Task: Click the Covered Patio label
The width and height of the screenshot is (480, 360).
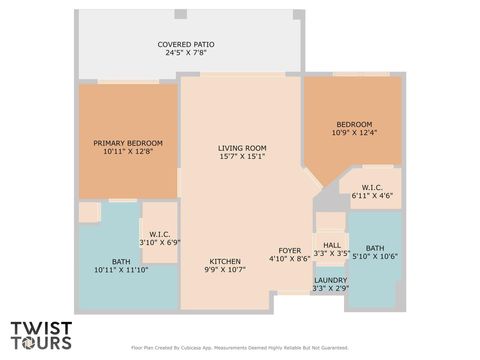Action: click(x=186, y=44)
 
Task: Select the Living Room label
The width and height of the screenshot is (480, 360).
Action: click(x=242, y=148)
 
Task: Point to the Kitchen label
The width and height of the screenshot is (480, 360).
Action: click(x=226, y=260)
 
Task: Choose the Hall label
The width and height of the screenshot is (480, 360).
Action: click(x=331, y=245)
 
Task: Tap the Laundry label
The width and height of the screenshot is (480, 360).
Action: click(x=330, y=280)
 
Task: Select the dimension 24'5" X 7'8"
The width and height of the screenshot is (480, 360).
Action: click(x=186, y=53)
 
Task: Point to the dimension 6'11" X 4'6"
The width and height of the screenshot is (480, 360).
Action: click(x=371, y=196)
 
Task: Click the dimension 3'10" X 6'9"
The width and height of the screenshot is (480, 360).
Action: click(x=158, y=242)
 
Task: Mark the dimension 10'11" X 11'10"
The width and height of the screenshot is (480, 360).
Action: click(x=120, y=270)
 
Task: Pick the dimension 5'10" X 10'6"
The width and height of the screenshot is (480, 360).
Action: click(x=374, y=256)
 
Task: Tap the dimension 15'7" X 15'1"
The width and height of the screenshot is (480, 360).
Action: click(x=242, y=157)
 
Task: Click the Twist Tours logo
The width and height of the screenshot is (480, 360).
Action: click(x=41, y=334)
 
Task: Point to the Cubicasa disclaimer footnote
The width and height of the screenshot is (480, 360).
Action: click(x=240, y=348)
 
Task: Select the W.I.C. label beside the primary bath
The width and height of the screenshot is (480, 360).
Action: click(x=158, y=233)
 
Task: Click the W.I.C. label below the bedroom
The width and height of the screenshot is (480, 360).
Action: click(x=371, y=187)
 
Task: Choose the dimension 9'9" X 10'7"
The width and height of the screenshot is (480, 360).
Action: click(x=226, y=269)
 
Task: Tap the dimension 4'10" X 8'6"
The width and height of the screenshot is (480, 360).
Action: click(x=290, y=258)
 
